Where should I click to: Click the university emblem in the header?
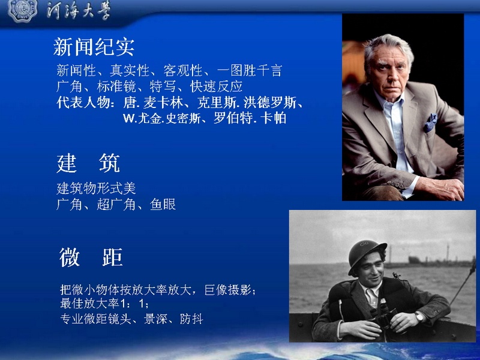23,10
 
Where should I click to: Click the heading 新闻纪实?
94,47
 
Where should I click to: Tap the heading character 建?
67,163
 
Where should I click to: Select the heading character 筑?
109,163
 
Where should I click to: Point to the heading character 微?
70,257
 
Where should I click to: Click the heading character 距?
112,257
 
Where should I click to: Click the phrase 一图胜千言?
249,70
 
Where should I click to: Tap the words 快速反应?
217,86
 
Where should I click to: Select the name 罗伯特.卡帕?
250,118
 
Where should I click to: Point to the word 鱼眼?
163,205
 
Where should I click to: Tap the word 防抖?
191,319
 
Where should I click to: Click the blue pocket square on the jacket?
430,122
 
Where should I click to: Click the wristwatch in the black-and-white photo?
419,316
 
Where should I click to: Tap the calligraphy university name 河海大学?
79,11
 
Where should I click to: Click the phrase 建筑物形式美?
96,188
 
